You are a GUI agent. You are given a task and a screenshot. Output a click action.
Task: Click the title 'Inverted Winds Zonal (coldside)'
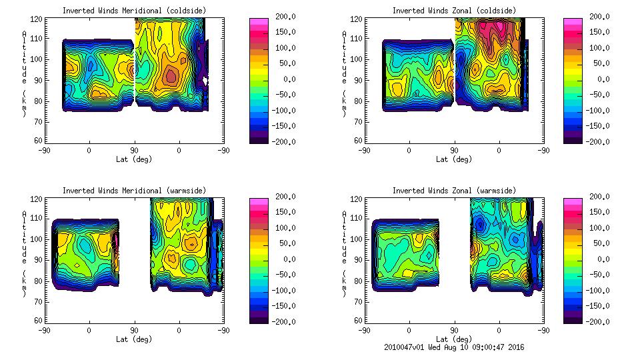coord(454,11)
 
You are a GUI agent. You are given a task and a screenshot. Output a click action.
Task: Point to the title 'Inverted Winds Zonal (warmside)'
coord(454,191)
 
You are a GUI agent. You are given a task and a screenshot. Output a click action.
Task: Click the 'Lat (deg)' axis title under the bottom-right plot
coord(454,339)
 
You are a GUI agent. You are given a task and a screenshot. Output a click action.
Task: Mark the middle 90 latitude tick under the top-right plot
coord(455,151)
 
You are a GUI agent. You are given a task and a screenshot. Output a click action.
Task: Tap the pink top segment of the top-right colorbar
coord(571,22)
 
